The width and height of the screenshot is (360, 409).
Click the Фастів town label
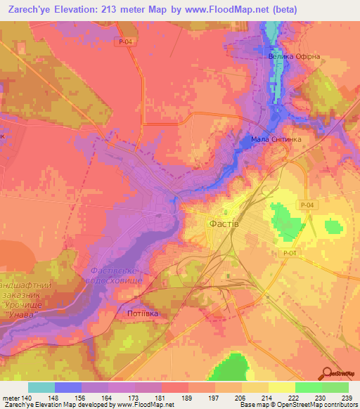[224, 223]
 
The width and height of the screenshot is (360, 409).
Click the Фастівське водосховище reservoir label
[117, 275]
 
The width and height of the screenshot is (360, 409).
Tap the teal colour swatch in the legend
[41, 387]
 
